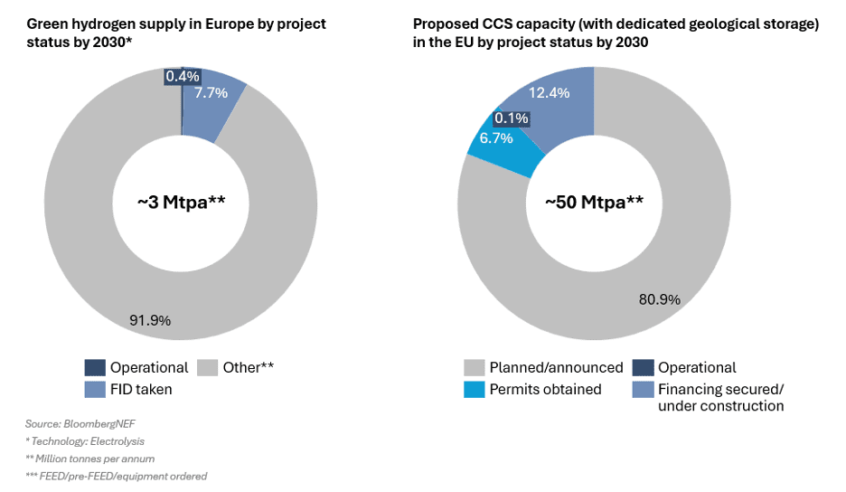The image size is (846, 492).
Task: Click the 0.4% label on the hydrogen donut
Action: coord(182,76)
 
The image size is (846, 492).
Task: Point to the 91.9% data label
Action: coord(150,319)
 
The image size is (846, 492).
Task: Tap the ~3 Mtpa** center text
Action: coord(181,202)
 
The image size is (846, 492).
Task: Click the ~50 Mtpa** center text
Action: coord(594,202)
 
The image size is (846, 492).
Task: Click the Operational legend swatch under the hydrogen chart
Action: coord(95,367)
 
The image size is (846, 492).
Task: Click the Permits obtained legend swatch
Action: coord(474,389)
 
